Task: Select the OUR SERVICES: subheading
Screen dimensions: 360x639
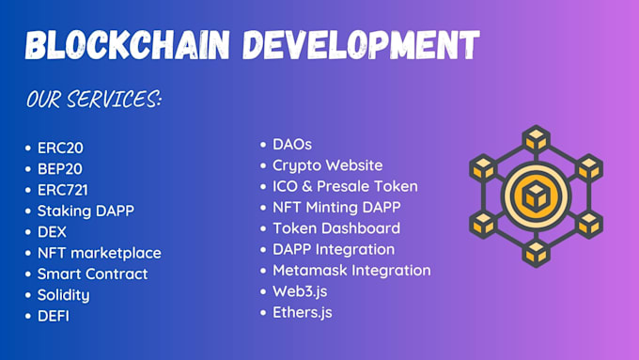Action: pyautogui.click(x=94, y=99)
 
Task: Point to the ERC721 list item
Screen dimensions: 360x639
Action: pyautogui.click(x=64, y=189)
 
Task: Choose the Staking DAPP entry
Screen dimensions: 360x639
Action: pyautogui.click(x=86, y=211)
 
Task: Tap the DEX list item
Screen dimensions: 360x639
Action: pyautogui.click(x=53, y=231)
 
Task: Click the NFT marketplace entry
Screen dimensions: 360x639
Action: pyautogui.click(x=100, y=252)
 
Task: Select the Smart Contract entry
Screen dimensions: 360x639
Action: pyautogui.click(x=93, y=274)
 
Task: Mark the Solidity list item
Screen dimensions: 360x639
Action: pyautogui.click(x=64, y=294)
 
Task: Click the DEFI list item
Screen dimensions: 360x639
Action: pyautogui.click(x=54, y=316)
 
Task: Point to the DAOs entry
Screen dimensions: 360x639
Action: pyautogui.click(x=291, y=144)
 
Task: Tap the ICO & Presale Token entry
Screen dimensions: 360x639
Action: pyautogui.click(x=345, y=186)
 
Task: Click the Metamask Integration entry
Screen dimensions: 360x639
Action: pyautogui.click(x=351, y=270)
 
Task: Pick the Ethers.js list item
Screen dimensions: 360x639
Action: pyautogui.click(x=303, y=311)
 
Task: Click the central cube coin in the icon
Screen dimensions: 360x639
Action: pyautogui.click(x=535, y=196)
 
